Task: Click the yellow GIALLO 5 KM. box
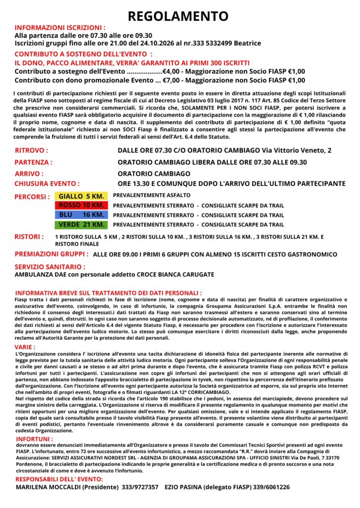tap(80, 196)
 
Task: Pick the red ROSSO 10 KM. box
tap(80, 205)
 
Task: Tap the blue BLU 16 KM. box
tap(80, 215)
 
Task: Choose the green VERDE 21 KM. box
tap(80, 225)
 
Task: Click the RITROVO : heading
tap(31, 150)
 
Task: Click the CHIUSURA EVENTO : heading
tap(47, 184)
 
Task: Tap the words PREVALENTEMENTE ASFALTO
tap(151, 195)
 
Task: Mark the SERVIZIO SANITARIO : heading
tap(50, 267)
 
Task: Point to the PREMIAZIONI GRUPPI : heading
tap(52, 254)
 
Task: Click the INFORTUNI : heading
tap(35, 439)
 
